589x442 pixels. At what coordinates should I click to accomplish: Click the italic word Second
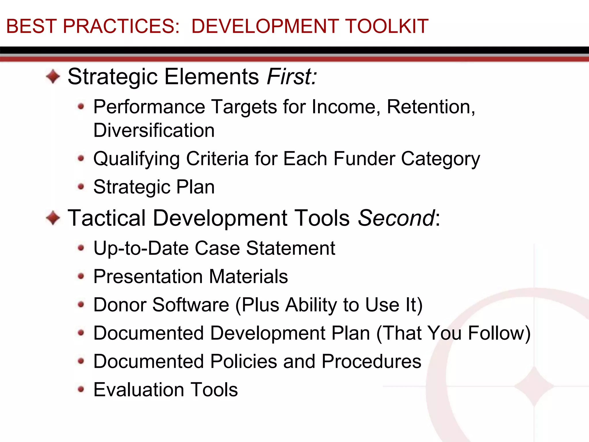point(396,218)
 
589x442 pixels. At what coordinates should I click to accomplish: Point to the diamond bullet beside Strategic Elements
point(53,77)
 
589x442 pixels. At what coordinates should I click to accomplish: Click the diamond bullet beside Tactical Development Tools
point(53,218)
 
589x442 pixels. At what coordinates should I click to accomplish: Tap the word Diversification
point(154,130)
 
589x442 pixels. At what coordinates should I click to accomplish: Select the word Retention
point(430,107)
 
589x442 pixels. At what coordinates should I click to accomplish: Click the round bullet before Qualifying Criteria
point(81,158)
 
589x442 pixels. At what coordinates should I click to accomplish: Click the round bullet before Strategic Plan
point(81,187)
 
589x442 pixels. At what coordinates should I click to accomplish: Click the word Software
point(190,305)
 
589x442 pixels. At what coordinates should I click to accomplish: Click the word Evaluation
point(139,390)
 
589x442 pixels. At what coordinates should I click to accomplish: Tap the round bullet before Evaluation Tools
point(81,390)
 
